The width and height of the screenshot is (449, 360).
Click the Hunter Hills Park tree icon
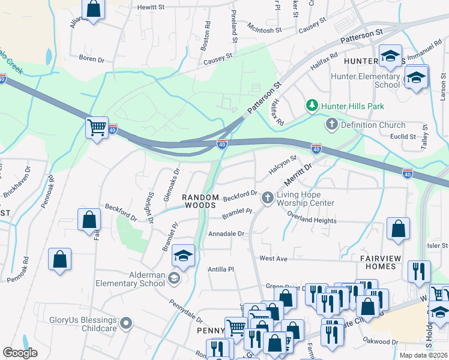312,106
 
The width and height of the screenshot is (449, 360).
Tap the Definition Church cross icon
331,125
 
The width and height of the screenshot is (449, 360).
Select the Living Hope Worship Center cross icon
267,197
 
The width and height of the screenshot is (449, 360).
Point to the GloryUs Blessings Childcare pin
125,324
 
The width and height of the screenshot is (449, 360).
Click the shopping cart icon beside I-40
96,127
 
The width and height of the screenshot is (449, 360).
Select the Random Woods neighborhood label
199,201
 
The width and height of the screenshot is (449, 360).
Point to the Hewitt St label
151,7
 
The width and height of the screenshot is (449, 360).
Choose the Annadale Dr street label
226,234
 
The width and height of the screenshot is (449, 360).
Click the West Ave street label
274,259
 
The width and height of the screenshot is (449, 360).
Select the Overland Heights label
312,220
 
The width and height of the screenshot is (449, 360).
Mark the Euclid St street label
403,137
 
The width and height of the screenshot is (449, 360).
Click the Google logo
20,353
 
